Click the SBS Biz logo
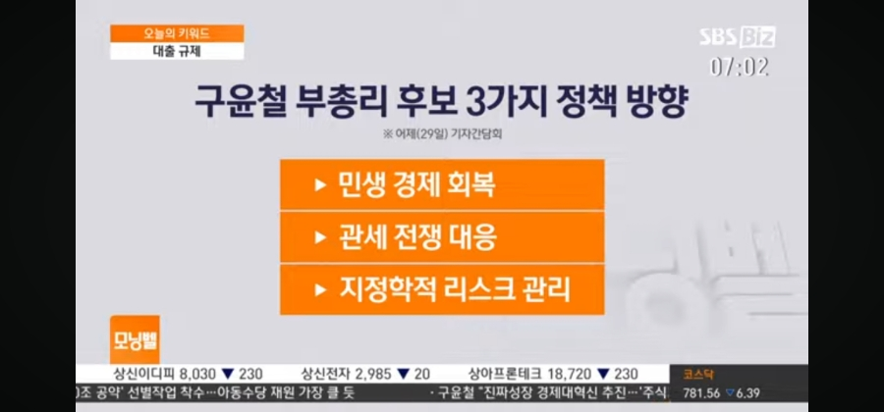coord(738,37)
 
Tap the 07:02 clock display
coord(739,68)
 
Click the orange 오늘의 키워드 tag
coord(177,33)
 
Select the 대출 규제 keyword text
coord(177,52)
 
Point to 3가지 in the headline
coord(487,102)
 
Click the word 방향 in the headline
coord(656,102)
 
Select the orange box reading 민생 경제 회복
coord(442,184)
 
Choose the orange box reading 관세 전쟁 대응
coord(442,237)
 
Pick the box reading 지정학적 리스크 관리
coord(442,289)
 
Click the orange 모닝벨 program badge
coord(135,340)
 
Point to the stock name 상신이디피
coord(144,375)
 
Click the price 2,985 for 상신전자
coord(373,375)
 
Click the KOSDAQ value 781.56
coord(701,393)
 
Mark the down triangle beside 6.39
coord(730,392)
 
